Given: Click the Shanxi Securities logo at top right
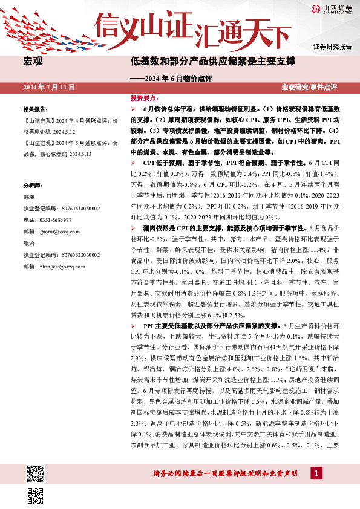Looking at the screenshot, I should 332,8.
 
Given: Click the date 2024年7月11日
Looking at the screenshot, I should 50,88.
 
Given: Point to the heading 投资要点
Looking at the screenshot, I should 144,97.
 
